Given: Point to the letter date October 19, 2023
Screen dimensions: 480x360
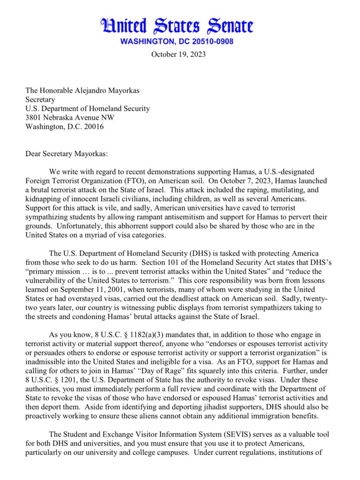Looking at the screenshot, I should coord(178,54).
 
